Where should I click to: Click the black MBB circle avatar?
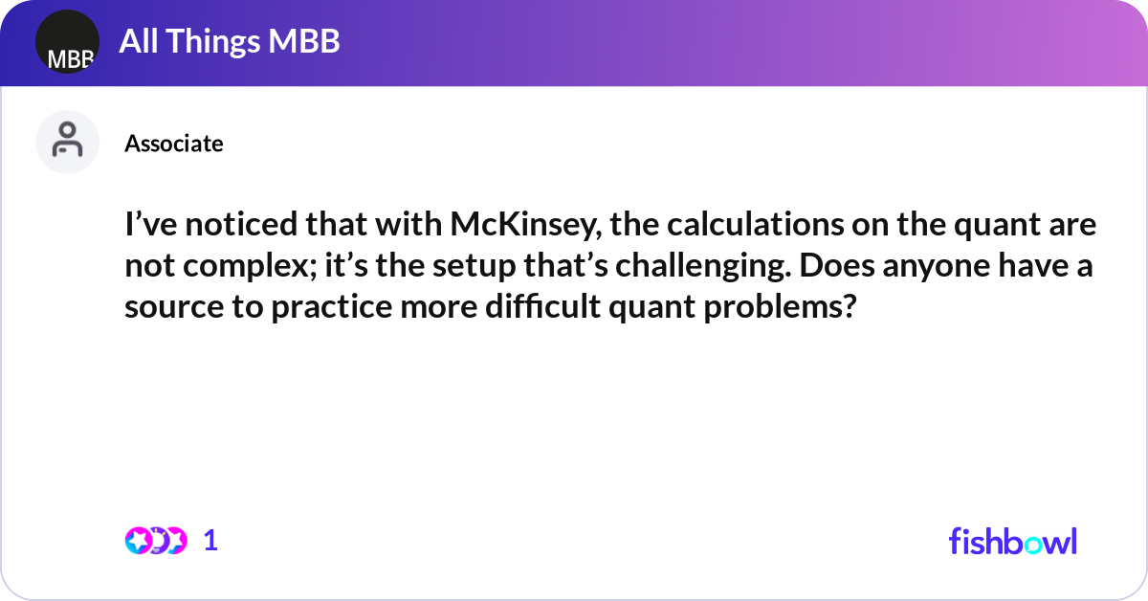tap(67, 41)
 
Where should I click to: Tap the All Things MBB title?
tap(229, 41)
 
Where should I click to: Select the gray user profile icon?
tap(67, 142)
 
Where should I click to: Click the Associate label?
tap(174, 144)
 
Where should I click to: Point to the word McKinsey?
tap(526, 226)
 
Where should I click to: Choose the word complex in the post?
tap(250, 267)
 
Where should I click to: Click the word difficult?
tap(542, 306)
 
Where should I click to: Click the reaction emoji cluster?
tap(156, 541)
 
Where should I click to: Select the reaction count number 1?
tap(210, 541)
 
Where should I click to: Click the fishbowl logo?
tap(1013, 541)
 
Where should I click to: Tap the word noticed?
tap(241, 225)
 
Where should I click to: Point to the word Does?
tap(837, 266)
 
